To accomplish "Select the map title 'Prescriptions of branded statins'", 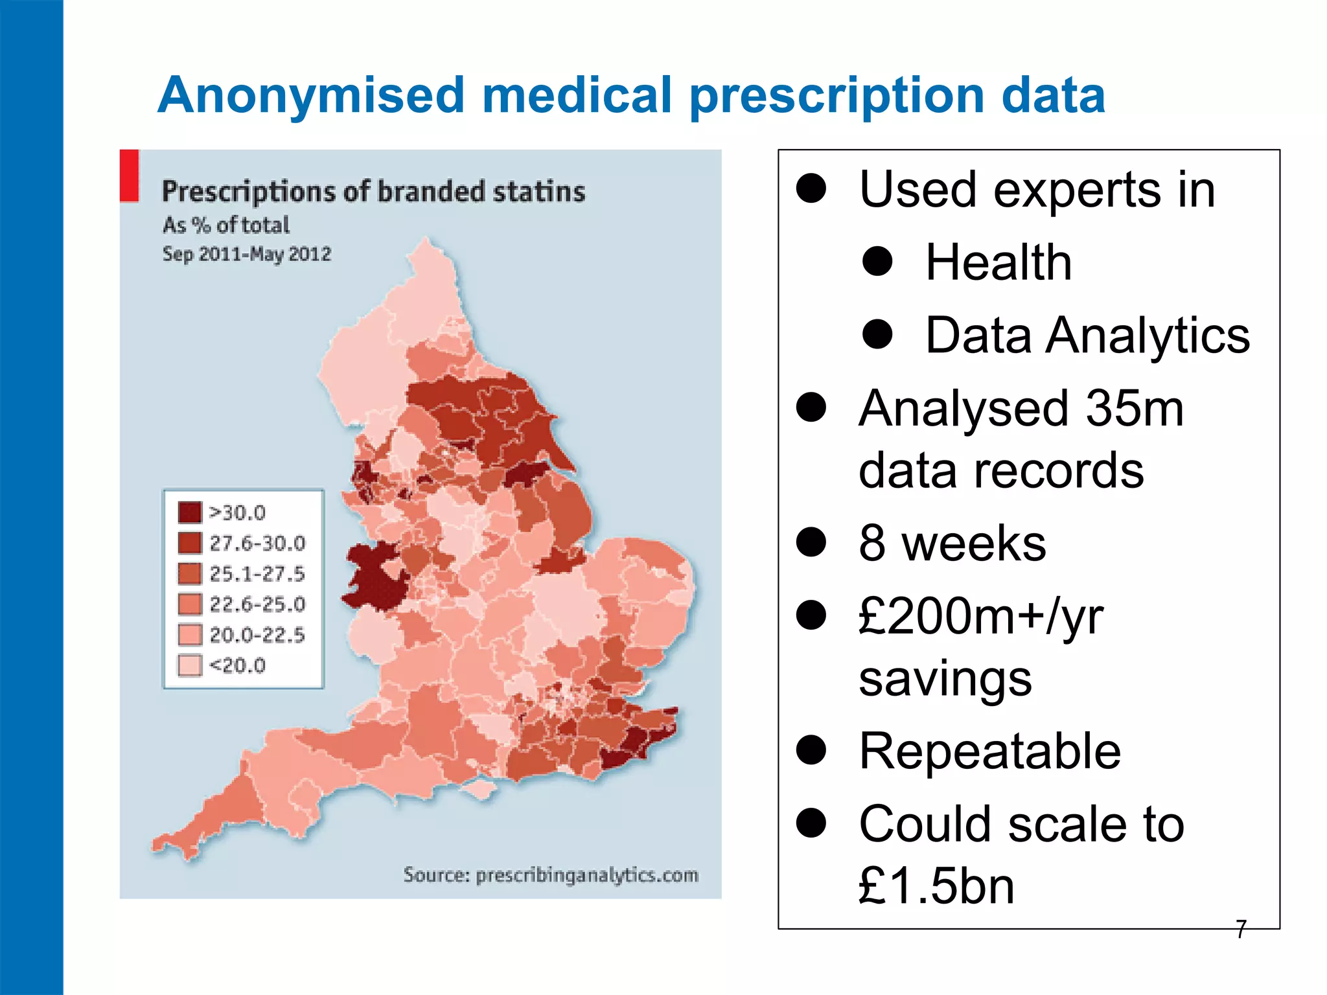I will (x=373, y=192).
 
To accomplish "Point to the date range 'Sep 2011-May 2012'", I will (x=247, y=253).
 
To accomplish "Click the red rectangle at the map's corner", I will (x=130, y=176).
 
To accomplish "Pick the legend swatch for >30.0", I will (x=190, y=512).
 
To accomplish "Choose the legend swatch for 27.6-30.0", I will (x=190, y=543).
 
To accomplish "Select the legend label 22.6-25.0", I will (x=257, y=604).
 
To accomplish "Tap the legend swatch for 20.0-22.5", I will (x=190, y=635).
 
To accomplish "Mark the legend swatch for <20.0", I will (x=190, y=665).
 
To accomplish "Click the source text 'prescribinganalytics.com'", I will (x=587, y=875).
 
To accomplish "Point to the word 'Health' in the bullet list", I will (x=998, y=262).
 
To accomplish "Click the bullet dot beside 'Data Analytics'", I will (x=878, y=334).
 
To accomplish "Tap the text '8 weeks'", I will (x=952, y=543).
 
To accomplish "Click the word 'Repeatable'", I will (x=989, y=751).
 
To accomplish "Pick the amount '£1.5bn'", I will (x=936, y=886).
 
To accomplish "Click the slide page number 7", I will (x=1241, y=929).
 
